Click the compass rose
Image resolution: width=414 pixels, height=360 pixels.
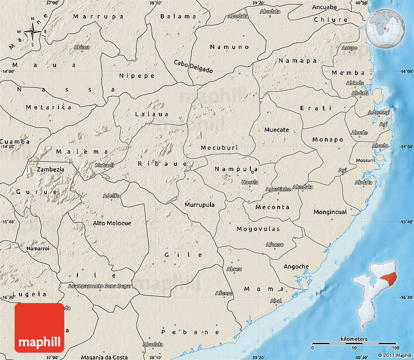point(33,32)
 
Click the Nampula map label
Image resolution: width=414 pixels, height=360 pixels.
point(236,169)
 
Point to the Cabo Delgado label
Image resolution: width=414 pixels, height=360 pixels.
point(193,66)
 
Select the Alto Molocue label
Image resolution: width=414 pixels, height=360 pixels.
point(112,223)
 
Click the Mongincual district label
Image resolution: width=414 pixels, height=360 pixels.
point(330,212)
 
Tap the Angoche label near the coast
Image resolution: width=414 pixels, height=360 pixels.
point(296,266)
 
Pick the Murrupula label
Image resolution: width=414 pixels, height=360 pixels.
point(199,205)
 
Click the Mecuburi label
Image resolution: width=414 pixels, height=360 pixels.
point(218,147)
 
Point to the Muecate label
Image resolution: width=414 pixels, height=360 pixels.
point(276,130)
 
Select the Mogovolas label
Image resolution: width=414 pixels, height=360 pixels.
point(259,229)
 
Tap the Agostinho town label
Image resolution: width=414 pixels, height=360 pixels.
point(278,189)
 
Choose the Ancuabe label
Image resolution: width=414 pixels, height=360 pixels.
point(324,7)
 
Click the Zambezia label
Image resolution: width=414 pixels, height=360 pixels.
point(50,169)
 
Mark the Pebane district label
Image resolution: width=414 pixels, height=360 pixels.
point(190,332)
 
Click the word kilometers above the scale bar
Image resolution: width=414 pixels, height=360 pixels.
point(354,339)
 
